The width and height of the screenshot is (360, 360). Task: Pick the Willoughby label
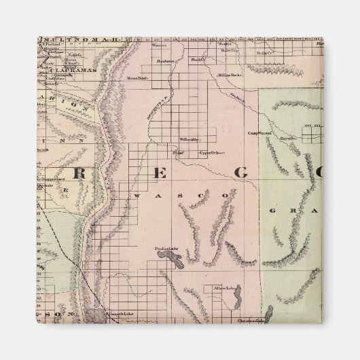pyautogui.click(x=190, y=139)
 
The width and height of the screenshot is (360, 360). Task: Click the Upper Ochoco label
pyautogui.click(x=211, y=152)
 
